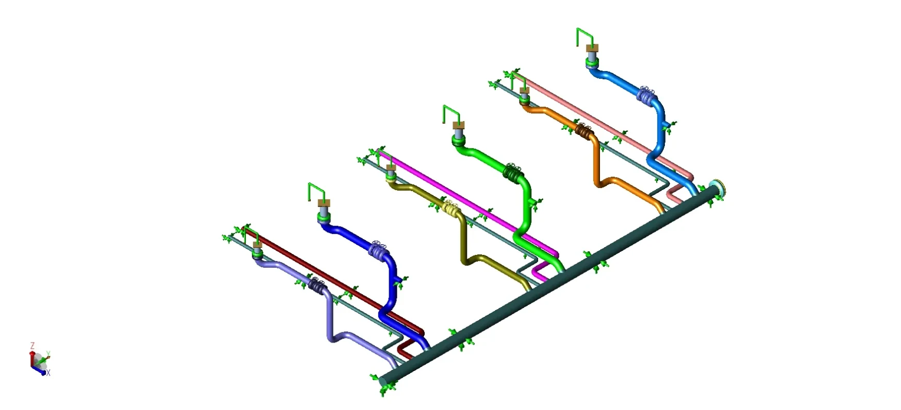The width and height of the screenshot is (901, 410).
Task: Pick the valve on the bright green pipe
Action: (512, 174)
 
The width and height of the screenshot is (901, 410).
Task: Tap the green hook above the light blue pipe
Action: (585, 37)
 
